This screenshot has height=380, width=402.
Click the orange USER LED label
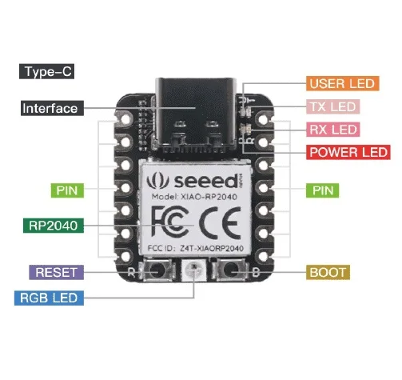pyautogui.click(x=342, y=83)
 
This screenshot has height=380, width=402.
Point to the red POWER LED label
pyautogui.click(x=348, y=151)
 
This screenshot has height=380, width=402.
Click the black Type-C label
pyautogui.click(x=49, y=72)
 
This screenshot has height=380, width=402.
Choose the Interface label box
pyautogui.click(x=50, y=108)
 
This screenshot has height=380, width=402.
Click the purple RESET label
pyautogui.click(x=55, y=272)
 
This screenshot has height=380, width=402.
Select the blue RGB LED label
pyautogui.click(x=50, y=299)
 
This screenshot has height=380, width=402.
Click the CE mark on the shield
pyautogui.click(x=217, y=220)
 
